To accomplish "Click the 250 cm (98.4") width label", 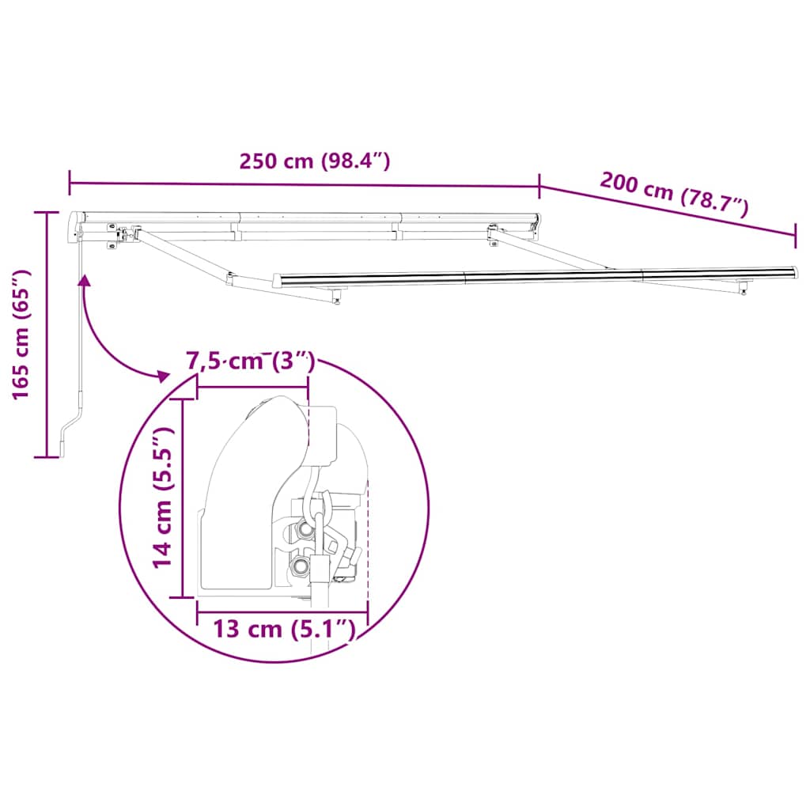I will (315, 161).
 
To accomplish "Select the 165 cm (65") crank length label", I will (21, 335).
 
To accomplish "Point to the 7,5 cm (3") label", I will (250, 362).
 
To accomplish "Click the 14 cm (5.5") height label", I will (163, 497).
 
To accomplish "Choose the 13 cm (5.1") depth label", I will (282, 630).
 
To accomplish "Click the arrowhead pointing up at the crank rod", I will (82, 279).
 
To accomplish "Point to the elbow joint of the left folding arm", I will (230, 278).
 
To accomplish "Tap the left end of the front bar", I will (277, 280).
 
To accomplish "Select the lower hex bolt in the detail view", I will (301, 567).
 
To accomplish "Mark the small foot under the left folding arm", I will (339, 297).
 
